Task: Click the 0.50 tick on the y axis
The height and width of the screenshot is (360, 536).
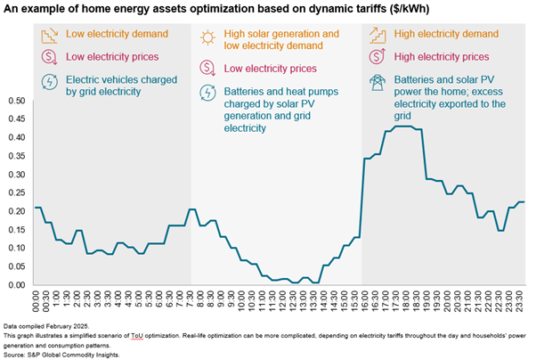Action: [x=16, y=101]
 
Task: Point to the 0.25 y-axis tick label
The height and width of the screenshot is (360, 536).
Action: [x=16, y=192]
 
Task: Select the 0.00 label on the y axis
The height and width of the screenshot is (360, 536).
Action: [x=16, y=285]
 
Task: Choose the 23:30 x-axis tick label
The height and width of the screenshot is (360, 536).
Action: [x=523, y=301]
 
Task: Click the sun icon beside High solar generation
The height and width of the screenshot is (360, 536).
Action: [x=207, y=37]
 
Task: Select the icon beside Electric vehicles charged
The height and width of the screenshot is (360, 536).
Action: [x=48, y=82]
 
